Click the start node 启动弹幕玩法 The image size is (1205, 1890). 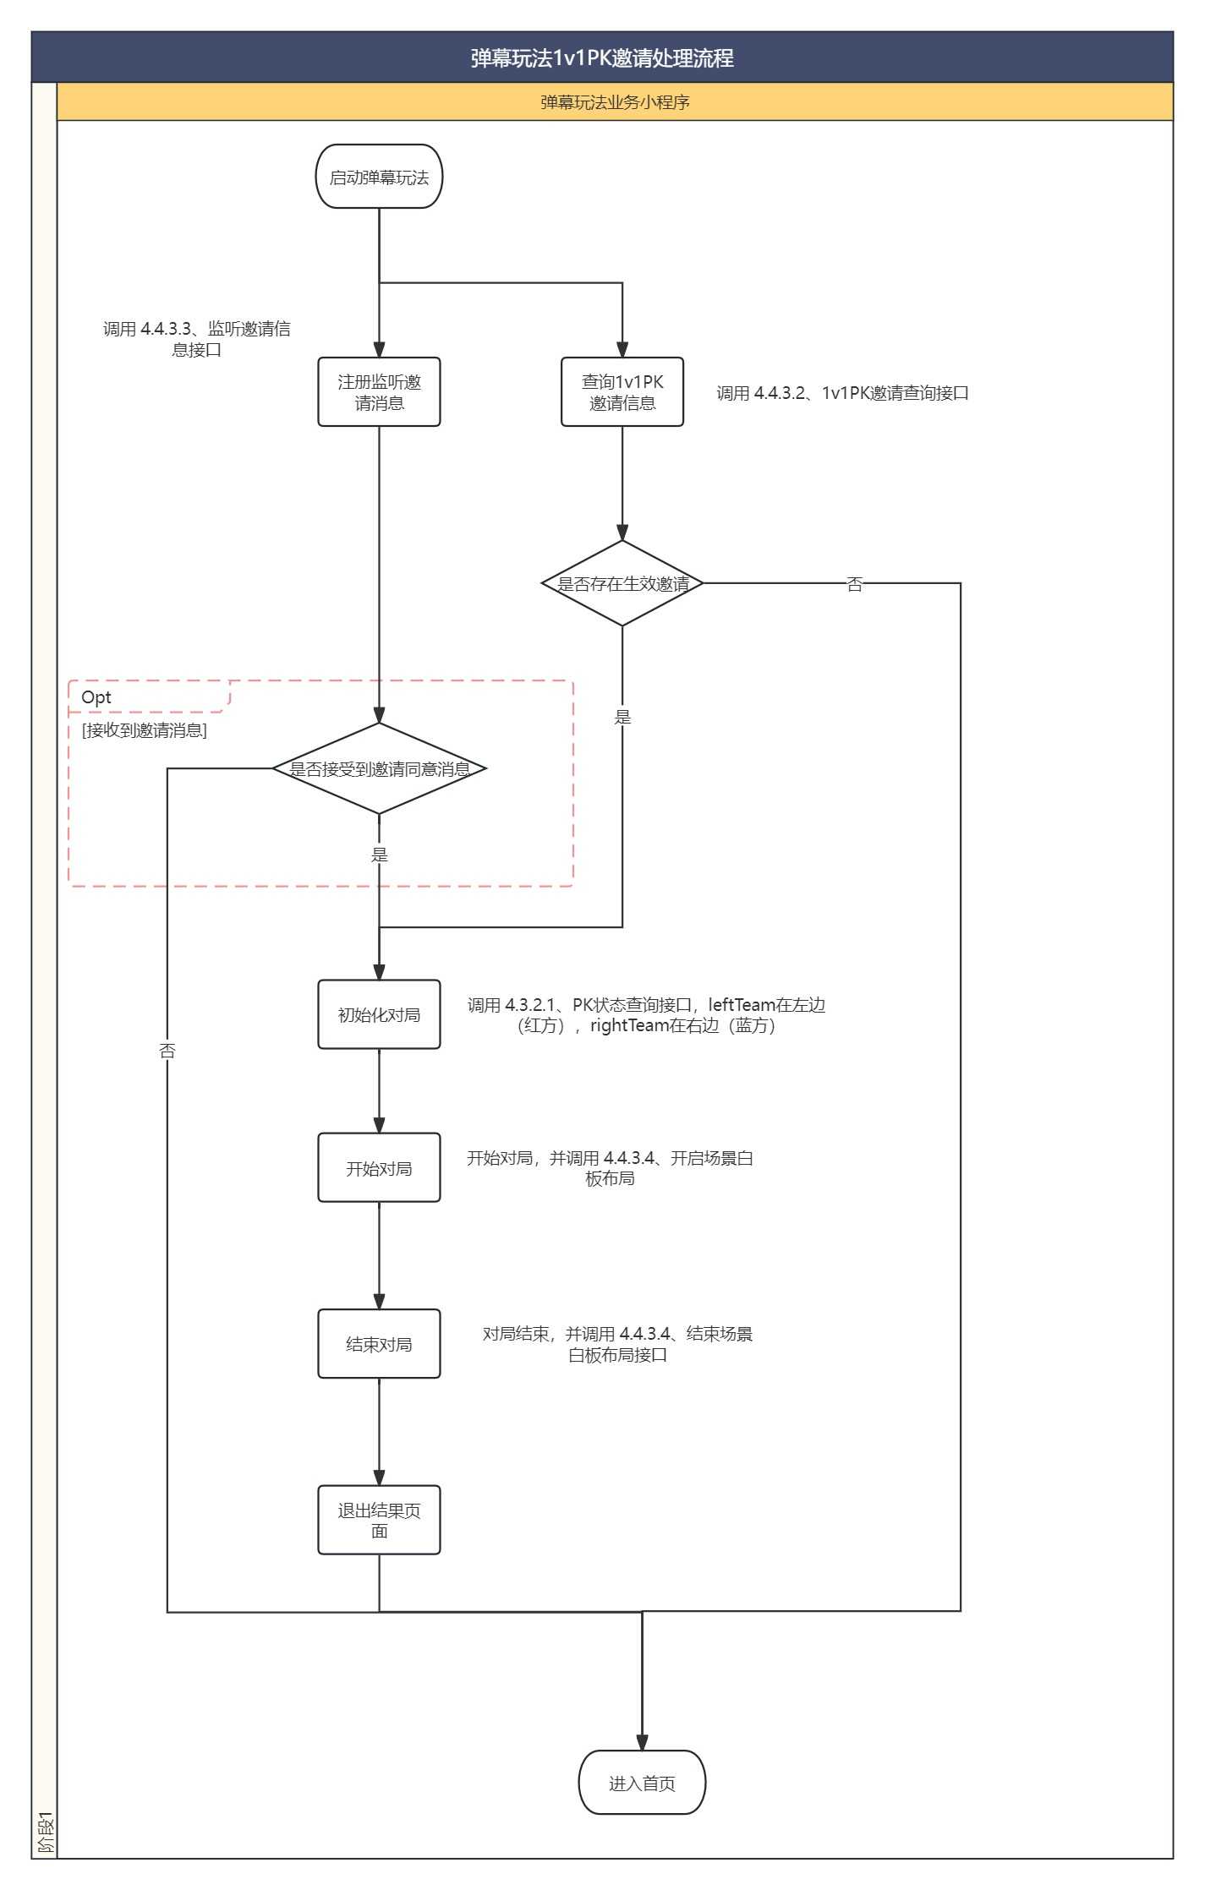coord(379,177)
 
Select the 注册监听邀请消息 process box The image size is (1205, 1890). coord(379,392)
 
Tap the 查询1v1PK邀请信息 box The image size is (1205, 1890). coord(622,392)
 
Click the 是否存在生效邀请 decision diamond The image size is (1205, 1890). coord(622,583)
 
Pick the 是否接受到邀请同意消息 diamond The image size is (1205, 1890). coord(379,768)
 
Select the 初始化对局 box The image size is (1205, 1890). coord(379,1014)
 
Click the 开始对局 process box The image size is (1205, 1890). coord(379,1167)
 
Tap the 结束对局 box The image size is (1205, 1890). coord(379,1344)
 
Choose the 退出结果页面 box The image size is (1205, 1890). coord(379,1520)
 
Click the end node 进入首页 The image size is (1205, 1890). coord(642,1783)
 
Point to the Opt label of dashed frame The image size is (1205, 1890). coord(96,697)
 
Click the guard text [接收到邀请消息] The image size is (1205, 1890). coord(145,730)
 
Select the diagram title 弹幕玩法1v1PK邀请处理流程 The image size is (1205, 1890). coord(602,57)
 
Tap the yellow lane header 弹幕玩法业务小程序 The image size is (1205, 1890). coord(615,102)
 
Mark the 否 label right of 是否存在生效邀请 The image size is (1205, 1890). coord(855,584)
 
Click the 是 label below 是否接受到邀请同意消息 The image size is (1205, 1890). coord(380,855)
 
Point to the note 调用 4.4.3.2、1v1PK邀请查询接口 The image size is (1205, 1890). coord(842,393)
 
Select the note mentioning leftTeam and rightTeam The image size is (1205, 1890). coord(646,1015)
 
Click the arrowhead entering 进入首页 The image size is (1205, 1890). coord(642,1742)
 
